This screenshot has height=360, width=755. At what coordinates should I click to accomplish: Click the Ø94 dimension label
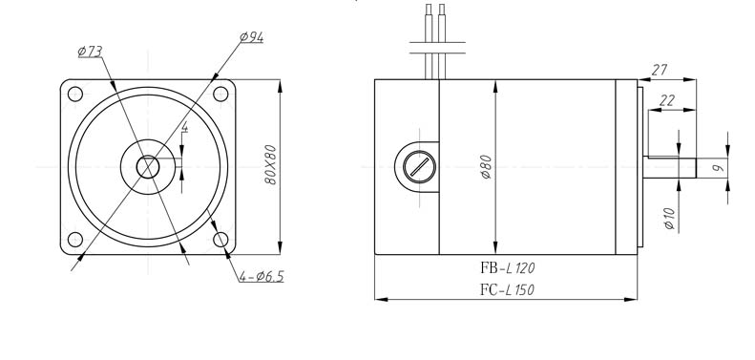pos(251,37)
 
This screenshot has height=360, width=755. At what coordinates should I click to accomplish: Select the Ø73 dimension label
pos(90,51)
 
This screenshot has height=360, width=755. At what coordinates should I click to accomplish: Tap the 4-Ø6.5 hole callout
pos(262,277)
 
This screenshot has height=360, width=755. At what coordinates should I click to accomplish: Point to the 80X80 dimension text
pos(271,164)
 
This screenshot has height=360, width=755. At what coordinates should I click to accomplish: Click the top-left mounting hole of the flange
pos(75,94)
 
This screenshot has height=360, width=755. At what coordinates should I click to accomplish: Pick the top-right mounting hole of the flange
pos(220,94)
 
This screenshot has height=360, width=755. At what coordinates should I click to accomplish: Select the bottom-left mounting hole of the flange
pos(75,239)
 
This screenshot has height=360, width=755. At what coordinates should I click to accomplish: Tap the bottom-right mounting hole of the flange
pos(220,239)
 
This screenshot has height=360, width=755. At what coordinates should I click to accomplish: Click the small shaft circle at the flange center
pos(148,167)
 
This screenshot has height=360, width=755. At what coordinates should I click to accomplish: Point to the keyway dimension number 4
pos(185,127)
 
